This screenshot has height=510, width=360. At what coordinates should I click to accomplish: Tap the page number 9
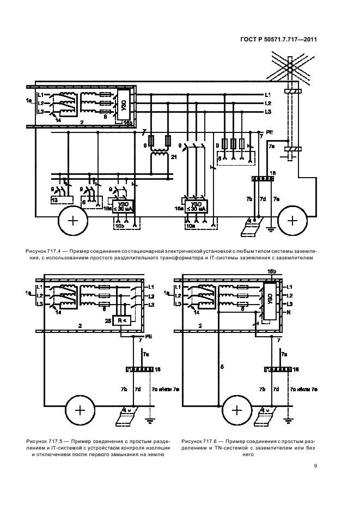click(x=316, y=465)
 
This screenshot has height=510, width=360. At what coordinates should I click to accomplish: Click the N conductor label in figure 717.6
click(x=290, y=312)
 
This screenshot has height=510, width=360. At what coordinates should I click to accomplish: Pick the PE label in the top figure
click(x=269, y=132)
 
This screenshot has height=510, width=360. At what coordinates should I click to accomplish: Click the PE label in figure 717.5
click(x=148, y=337)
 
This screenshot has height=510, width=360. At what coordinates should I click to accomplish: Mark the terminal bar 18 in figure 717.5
click(x=138, y=369)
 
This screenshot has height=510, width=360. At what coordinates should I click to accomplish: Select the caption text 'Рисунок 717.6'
click(x=200, y=440)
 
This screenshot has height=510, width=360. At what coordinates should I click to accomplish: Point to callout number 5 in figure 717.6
click(x=221, y=366)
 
